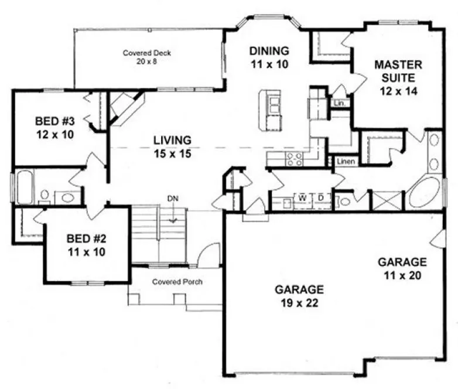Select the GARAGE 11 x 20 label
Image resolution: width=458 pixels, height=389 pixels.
pyautogui.click(x=402, y=268)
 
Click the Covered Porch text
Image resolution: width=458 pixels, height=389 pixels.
pyautogui.click(x=177, y=282)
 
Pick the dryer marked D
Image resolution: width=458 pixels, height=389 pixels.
pyautogui.click(x=321, y=197)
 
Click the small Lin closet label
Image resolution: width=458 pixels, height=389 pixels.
pyautogui.click(x=339, y=103)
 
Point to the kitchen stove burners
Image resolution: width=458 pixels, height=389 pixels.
pyautogui.click(x=293, y=157)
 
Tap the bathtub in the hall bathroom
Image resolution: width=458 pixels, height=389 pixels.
pyautogui.click(x=26, y=187)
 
